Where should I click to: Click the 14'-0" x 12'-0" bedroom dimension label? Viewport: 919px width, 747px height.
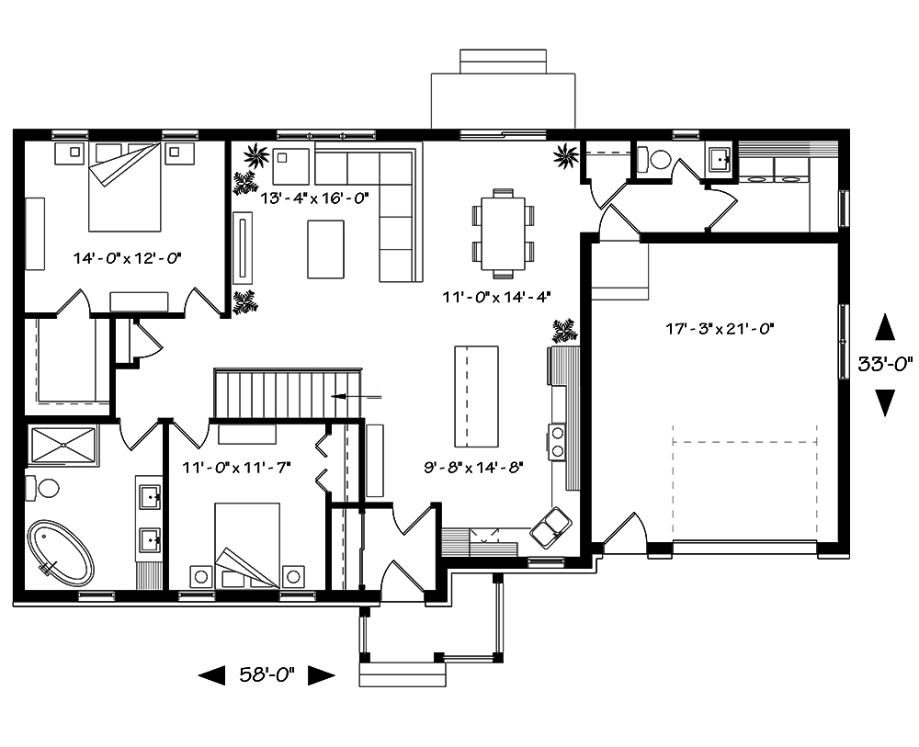click(128, 258)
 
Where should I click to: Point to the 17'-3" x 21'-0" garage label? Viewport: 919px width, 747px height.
click(715, 327)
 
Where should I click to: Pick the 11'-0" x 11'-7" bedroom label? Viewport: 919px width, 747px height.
click(237, 467)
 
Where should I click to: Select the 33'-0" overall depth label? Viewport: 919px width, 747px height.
click(884, 363)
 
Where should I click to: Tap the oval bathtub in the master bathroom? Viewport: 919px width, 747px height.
click(61, 553)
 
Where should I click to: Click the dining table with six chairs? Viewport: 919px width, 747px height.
click(503, 232)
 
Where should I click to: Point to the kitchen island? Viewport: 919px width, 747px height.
click(476, 393)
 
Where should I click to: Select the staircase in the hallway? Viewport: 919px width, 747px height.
click(284, 394)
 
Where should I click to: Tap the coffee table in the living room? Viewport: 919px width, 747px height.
click(326, 249)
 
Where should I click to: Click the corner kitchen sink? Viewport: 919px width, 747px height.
click(551, 526)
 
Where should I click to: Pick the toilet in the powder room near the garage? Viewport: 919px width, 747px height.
click(658, 161)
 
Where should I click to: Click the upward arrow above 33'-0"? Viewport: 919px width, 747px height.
click(884, 327)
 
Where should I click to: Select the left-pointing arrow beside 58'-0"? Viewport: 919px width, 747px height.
click(212, 676)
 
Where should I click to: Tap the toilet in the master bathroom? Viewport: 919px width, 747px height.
click(43, 487)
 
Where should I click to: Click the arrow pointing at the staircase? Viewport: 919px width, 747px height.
click(355, 396)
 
